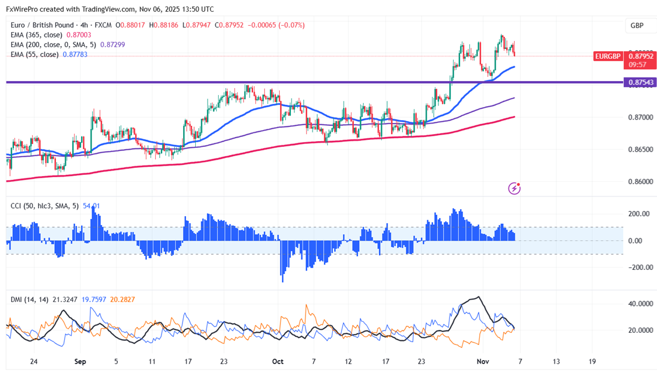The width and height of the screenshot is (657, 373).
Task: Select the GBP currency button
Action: [637, 26]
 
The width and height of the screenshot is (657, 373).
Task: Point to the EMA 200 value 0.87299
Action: [113, 45]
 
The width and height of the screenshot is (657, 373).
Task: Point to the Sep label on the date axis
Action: [80, 361]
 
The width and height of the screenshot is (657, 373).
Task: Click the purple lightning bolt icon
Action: [514, 188]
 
